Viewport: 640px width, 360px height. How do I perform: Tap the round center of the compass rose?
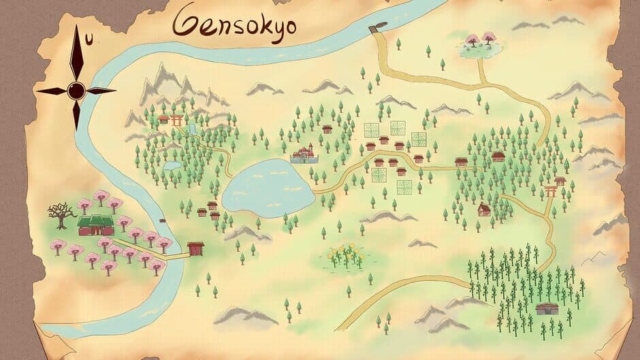coord(76,89)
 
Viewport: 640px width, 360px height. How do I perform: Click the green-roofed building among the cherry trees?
coord(93,225)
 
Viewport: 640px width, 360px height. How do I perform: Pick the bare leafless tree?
coord(62,215)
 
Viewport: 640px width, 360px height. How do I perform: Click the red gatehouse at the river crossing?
coord(196,248)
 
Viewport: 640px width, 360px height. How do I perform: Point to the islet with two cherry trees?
coord(479,44)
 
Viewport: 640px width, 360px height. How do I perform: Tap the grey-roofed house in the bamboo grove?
coord(546,308)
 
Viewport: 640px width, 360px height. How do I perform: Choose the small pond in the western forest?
coord(172,165)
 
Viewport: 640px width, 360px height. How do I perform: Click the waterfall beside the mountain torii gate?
coord(193,129)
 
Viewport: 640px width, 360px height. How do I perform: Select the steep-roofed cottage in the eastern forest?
coord(484,209)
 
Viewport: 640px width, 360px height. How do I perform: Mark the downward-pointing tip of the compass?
coord(76,129)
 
